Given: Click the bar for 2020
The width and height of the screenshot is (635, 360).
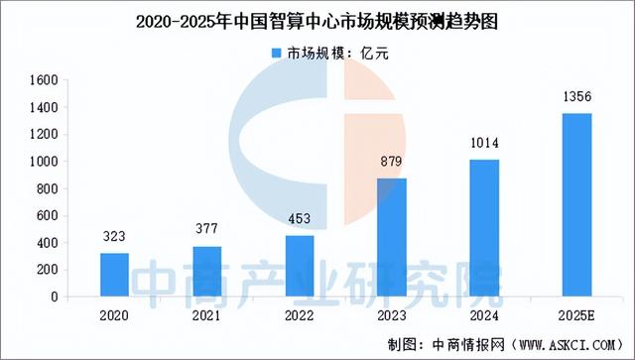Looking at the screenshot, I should click(115, 275).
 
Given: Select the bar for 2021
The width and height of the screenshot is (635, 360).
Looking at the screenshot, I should click(207, 271).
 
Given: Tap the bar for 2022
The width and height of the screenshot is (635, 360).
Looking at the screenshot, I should click(300, 266).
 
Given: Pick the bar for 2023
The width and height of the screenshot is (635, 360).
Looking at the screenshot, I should click(392, 237).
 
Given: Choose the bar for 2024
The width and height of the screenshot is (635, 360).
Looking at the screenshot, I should click(484, 228).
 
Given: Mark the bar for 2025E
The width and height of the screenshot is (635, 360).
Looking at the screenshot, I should click(576, 204).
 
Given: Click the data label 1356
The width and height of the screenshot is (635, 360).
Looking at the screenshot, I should click(576, 99).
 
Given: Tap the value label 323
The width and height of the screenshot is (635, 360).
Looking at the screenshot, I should click(115, 238).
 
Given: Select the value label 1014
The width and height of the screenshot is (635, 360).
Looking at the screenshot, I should click(484, 146).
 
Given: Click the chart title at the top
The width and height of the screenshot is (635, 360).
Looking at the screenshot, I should click(317, 20).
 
